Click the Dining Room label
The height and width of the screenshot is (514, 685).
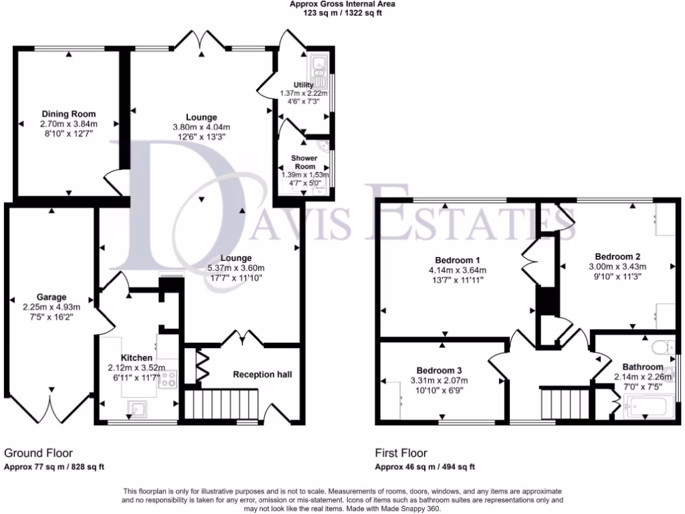tap(69, 113)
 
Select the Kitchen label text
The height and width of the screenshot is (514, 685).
tap(137, 358)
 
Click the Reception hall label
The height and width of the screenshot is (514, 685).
tap(262, 374)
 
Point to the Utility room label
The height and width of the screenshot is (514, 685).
tap(304, 84)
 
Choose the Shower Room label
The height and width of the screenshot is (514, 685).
tap(304, 162)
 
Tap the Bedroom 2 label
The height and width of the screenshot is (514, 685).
tap(618, 256)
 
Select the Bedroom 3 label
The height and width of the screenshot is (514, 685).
tap(439, 370)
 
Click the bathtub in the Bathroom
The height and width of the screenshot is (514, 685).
tap(646, 406)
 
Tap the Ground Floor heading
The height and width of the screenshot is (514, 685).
tap(39, 453)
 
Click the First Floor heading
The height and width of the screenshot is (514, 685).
tap(401, 453)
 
